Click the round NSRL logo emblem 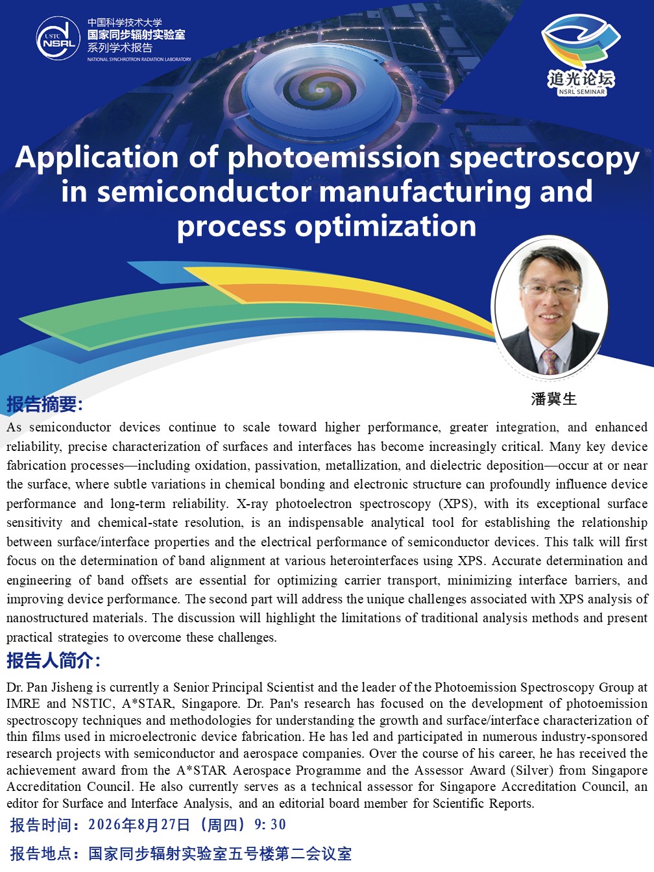(x=58, y=38)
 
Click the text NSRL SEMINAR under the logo (x=582, y=91)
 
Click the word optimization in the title (x=385, y=227)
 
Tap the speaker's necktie (x=550, y=361)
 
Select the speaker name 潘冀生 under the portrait (x=553, y=398)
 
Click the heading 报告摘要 (x=42, y=404)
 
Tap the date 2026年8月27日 (x=139, y=825)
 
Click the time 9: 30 (x=270, y=825)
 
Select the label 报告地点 (x=42, y=854)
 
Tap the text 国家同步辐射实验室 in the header (x=136, y=34)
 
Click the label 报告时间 (x=42, y=825)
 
